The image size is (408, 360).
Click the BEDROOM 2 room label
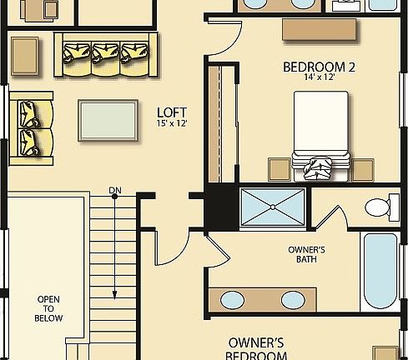point(320,67)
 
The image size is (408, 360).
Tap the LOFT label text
point(172,111)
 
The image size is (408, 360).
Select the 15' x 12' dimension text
point(172,123)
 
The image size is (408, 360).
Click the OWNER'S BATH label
point(305,254)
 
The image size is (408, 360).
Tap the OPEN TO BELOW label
point(48,307)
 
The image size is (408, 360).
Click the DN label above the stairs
point(115,192)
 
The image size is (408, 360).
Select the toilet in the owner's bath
point(381,207)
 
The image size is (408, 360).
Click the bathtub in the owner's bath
point(382,272)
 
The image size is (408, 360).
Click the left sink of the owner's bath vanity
point(234,299)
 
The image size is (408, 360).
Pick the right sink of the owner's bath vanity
point(292,299)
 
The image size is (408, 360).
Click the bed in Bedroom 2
point(320,133)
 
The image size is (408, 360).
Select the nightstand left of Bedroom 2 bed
point(279,168)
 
